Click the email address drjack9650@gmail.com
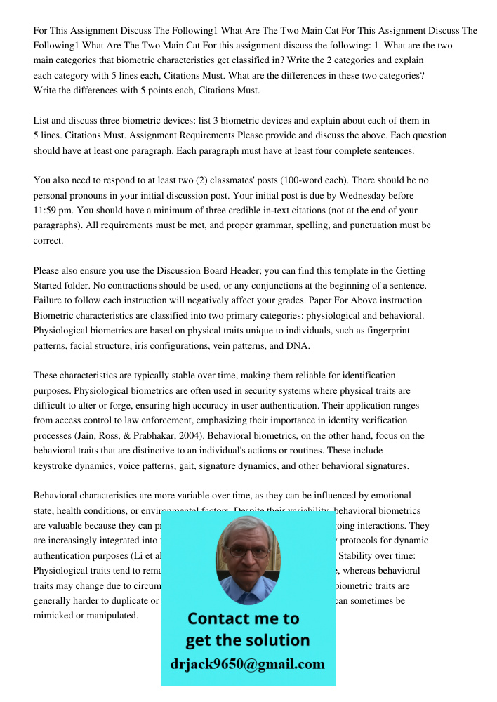click(247, 664)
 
